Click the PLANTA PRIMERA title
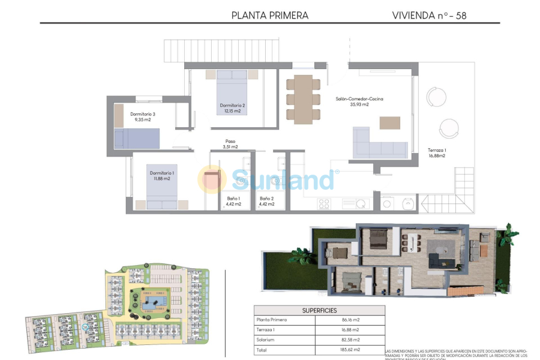[x=270, y=16]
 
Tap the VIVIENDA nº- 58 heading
[x=429, y=16]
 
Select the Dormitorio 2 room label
[x=230, y=108]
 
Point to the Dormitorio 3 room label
[x=143, y=116]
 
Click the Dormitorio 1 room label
[x=160, y=175]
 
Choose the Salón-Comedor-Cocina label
[x=359, y=101]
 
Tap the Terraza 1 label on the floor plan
[x=437, y=152]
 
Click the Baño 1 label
[x=233, y=201]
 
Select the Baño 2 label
[x=266, y=201]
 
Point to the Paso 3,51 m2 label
[x=230, y=144]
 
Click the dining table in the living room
[x=304, y=98]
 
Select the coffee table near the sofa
[x=390, y=122]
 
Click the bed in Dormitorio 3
[x=137, y=138]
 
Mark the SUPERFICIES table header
[x=319, y=310]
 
